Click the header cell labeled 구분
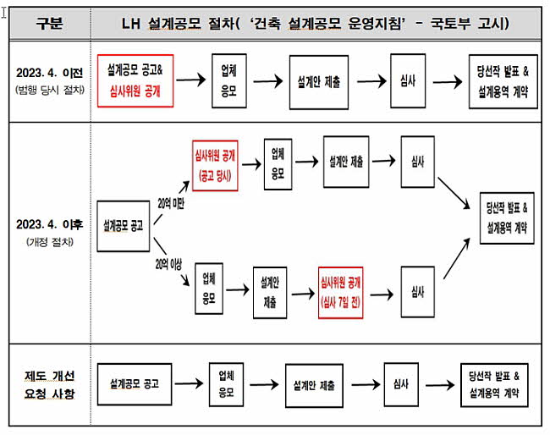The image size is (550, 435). tap(49, 23)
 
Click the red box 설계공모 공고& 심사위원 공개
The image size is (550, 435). tap(135, 80)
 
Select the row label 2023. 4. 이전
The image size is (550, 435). tap(49, 73)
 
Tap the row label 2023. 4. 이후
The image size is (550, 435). tap(49, 224)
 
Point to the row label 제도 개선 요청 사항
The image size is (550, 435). tap(49, 385)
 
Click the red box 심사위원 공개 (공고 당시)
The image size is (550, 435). tap(215, 166)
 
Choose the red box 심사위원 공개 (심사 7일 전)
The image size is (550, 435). tap(341, 293)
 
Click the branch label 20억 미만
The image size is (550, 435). tap(171, 203)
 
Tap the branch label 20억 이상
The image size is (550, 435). tap(168, 264)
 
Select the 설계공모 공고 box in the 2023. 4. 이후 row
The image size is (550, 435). tap(124, 226)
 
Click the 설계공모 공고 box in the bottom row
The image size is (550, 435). tap(135, 384)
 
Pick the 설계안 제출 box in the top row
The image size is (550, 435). tap(319, 82)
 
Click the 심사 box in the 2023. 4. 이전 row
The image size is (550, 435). tap(408, 80)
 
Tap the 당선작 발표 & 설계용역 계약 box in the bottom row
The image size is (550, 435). tap(494, 385)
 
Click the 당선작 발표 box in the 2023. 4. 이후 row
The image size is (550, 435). tap(507, 217)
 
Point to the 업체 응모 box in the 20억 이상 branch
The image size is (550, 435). tap(209, 289)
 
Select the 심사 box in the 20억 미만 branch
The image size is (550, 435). tap(418, 162)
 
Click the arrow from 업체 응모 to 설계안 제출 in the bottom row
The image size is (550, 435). tap(264, 384)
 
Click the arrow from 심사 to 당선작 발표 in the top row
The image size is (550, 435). tap(448, 82)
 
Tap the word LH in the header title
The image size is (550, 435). tap(130, 24)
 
